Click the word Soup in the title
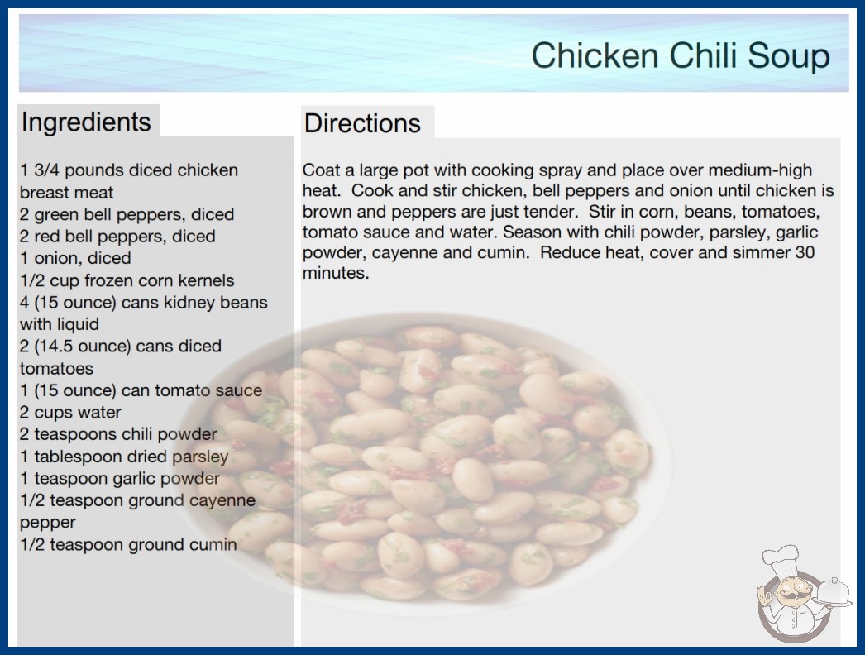789,55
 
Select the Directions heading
362,123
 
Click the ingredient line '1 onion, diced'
75,258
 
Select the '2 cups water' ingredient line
70,412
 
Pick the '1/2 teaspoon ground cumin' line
128,545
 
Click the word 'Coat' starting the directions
321,170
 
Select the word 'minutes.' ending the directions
336,273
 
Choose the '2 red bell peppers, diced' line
117,237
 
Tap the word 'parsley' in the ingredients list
200,457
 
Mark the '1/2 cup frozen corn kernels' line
127,281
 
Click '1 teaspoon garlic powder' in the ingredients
120,479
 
